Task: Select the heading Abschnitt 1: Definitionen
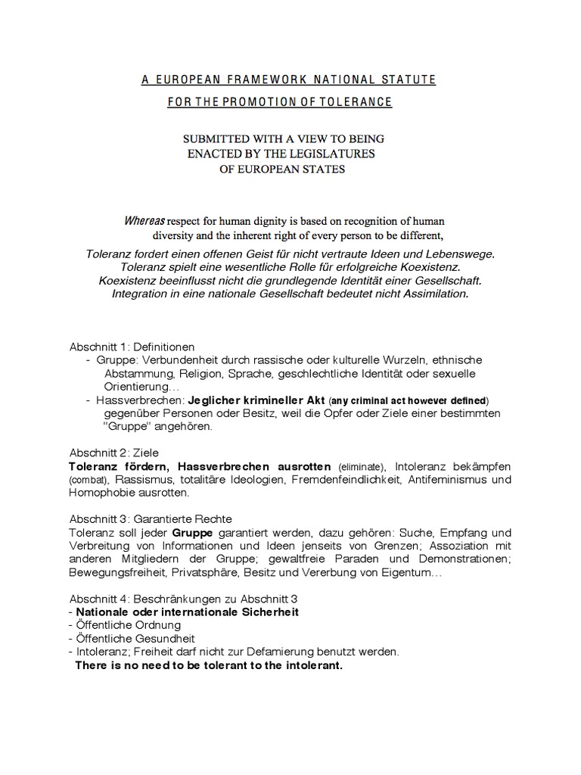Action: (132, 346)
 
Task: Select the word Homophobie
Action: (103, 493)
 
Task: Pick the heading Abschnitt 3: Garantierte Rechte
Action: (150, 519)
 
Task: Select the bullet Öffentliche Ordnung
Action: (127, 625)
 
